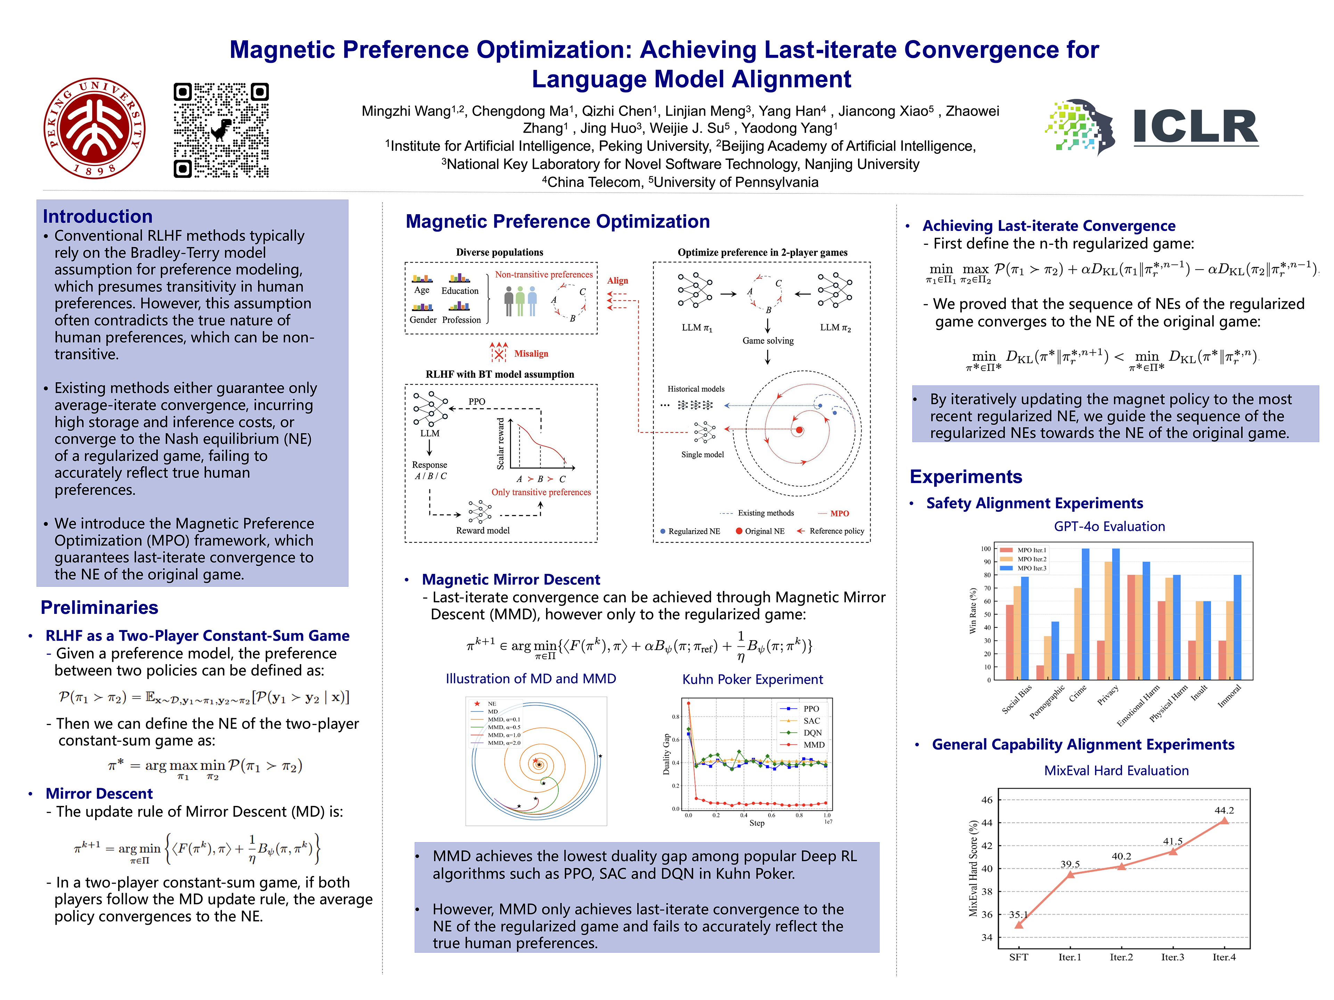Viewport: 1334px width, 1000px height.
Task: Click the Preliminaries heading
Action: [x=99, y=608]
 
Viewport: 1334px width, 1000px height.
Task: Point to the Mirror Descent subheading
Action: [x=99, y=793]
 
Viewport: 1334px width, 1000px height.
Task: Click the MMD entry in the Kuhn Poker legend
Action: [x=814, y=745]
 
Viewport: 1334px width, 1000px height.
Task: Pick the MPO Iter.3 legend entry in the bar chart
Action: [x=1032, y=568]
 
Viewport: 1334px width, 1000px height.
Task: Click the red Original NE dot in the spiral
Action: [x=799, y=430]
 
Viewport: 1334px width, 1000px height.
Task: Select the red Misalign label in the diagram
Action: [x=531, y=354]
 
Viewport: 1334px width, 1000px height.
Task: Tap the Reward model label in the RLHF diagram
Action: [x=483, y=531]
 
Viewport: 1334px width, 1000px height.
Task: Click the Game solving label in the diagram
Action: [x=768, y=341]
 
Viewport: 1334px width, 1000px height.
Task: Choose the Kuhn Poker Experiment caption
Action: [x=752, y=679]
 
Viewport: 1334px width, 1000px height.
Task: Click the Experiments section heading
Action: [x=965, y=477]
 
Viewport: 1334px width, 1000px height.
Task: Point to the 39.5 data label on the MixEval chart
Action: [x=1070, y=864]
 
